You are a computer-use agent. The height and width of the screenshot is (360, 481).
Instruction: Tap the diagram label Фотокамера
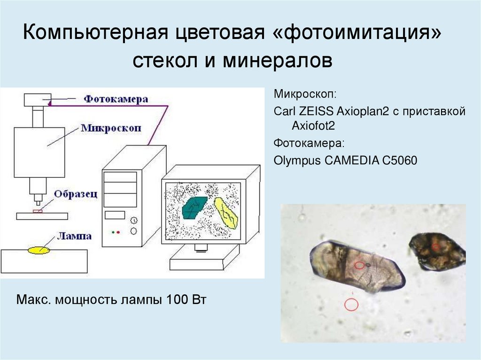[116, 99]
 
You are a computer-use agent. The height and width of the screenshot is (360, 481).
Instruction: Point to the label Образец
[75, 194]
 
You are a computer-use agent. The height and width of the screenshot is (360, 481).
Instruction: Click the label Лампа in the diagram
[74, 236]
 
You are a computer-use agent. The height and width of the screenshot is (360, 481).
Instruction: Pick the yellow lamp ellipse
[39, 250]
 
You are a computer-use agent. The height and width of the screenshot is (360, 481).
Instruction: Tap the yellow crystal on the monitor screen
[226, 212]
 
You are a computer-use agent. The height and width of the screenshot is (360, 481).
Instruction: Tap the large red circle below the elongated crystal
[351, 305]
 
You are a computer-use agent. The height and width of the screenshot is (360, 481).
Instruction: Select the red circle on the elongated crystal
[359, 265]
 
